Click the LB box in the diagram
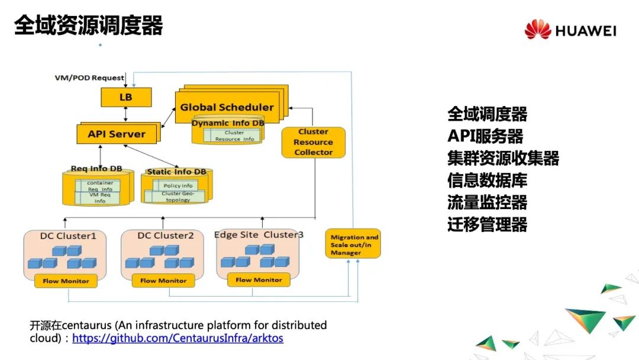pos(126,97)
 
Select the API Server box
pos(117,134)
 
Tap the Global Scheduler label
pos(227,107)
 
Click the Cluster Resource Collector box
pos(313,142)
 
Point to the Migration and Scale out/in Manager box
pos(353,245)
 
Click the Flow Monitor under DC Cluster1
pos(66,281)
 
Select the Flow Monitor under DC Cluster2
pos(163,281)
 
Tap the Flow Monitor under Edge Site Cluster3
pos(259,279)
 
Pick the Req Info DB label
pos(96,169)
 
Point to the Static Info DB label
pos(176,172)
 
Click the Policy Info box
pos(178,185)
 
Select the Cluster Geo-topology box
pos(178,197)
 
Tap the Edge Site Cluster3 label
pos(259,234)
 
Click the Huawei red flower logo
pos(538,30)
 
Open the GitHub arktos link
pos(177,339)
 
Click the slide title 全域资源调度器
pos(88,26)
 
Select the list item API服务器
pos(485,136)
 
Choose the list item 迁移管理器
pos(487,225)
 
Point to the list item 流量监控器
pos(487,202)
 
